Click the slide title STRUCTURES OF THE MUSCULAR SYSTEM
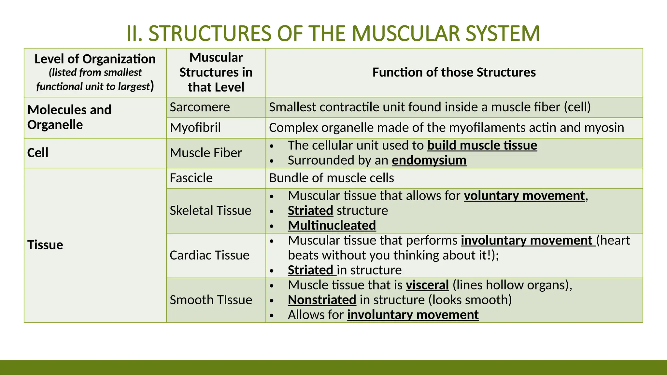coord(333,33)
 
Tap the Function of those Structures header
coord(454,72)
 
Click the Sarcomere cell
coord(200,107)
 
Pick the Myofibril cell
coord(195,128)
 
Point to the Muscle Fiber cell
coord(206,153)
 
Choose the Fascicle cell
coord(191,178)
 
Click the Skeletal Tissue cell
coord(210,211)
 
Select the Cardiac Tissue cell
coord(209,255)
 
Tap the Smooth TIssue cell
coord(211,300)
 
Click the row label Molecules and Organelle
coord(69,117)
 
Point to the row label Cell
coord(38,153)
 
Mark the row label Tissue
coord(45,245)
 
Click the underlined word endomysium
coord(429,160)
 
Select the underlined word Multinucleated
coord(332,225)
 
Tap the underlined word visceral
coord(427,285)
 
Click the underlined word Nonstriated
coord(322,300)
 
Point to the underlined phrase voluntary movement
coord(524,196)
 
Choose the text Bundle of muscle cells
coord(332,178)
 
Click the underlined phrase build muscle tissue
coord(482,145)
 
